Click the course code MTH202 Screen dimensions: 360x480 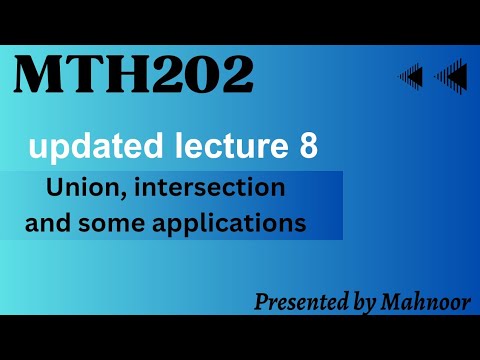133,77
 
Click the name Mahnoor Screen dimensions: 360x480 427,302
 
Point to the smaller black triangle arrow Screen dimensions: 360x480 410,75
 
